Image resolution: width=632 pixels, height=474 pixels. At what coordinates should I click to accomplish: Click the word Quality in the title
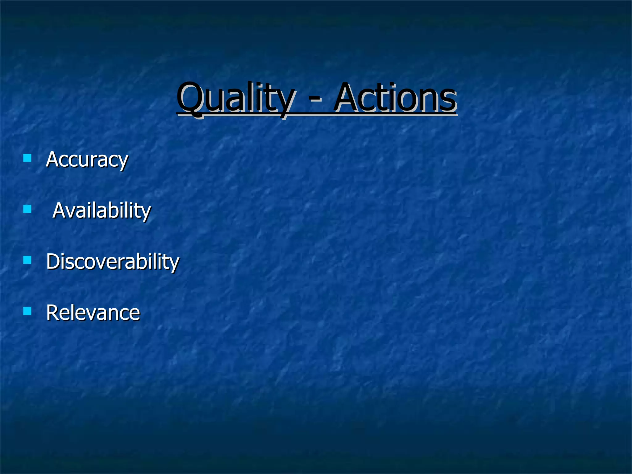[236, 98]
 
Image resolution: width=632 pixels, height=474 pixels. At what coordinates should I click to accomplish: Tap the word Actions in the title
[395, 98]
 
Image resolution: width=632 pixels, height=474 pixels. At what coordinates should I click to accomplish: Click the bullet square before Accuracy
[27, 158]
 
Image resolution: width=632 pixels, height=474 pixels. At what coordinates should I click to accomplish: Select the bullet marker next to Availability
[27, 210]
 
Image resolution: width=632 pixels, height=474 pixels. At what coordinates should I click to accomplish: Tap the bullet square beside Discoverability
[27, 260]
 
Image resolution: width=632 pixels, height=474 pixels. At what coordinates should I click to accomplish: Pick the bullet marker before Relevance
[27, 311]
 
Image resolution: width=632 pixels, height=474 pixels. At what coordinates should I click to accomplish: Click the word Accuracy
[87, 160]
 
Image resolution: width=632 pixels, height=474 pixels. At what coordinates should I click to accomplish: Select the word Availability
[102, 211]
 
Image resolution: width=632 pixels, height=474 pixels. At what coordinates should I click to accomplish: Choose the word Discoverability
[113, 262]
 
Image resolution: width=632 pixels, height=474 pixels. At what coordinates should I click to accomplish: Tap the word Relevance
[93, 313]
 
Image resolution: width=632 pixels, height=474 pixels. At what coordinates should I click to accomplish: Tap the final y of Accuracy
[123, 162]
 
